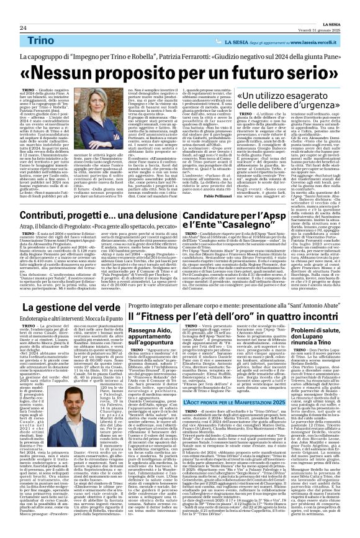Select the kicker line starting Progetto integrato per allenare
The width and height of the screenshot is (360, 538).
pyautogui.click(x=199, y=306)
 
